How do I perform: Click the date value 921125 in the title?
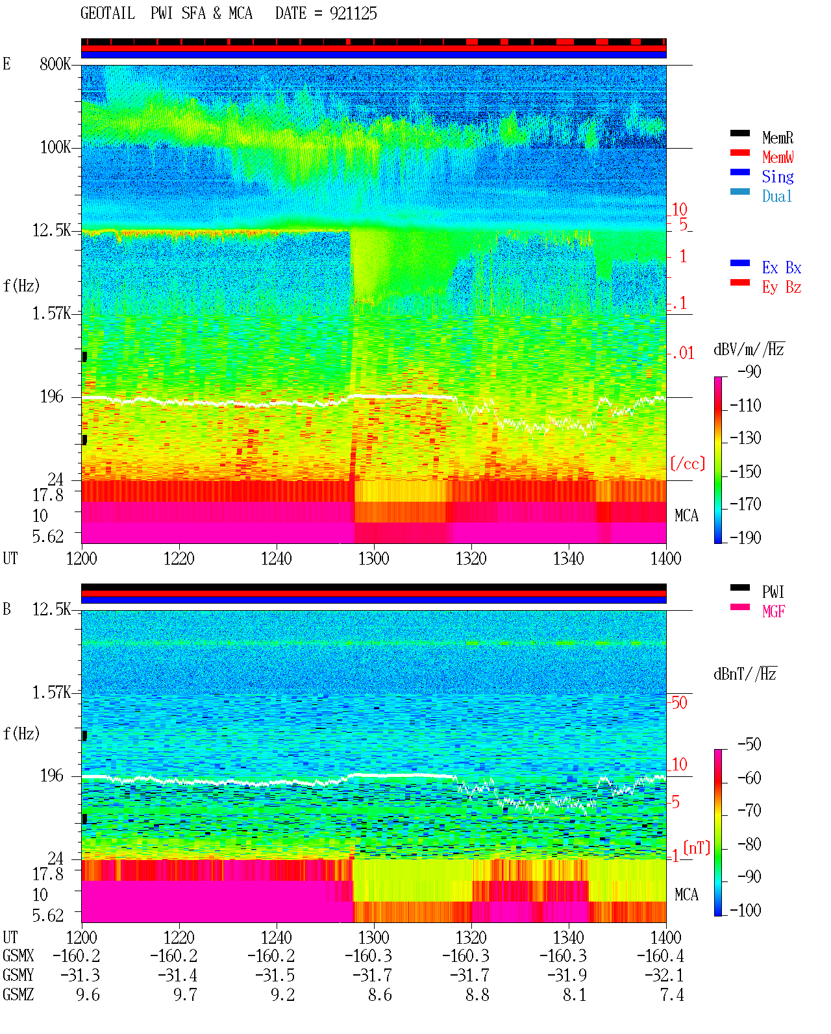coord(353,14)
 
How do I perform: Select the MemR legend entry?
coord(777,138)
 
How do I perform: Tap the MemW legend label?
coord(778,157)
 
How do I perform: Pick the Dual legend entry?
coord(776,196)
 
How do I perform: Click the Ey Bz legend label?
coord(782,287)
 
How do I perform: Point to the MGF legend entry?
coord(773,611)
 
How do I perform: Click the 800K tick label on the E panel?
coord(55,64)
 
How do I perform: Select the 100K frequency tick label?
coord(55,147)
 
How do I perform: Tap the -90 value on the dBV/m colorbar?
coord(749,371)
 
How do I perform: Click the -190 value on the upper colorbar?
coord(745,537)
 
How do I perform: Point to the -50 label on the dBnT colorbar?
coord(749,745)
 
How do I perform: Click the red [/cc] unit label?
coord(688,463)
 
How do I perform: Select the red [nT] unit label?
coord(697,847)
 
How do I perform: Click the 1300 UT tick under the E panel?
coord(373,558)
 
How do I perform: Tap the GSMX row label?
coord(18,955)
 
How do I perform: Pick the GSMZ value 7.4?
coord(672,994)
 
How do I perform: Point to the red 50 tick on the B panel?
coord(679,703)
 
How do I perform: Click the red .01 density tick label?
coord(683,354)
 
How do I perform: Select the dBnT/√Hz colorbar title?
coord(745,674)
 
